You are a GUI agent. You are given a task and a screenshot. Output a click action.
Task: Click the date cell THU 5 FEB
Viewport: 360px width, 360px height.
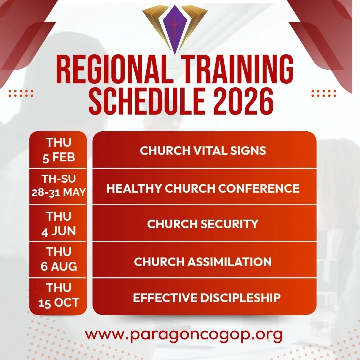pos(58,150)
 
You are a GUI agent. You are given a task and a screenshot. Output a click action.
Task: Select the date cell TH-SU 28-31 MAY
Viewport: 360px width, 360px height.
pos(58,186)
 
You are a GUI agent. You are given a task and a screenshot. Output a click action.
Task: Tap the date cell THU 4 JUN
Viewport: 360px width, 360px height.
pos(58,223)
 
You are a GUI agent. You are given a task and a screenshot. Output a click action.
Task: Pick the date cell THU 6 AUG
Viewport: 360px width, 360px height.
pos(58,259)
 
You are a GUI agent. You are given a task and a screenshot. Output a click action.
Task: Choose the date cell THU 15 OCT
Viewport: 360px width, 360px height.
pos(58,295)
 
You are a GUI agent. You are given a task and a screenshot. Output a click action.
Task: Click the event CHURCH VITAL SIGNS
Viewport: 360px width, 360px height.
pos(203,151)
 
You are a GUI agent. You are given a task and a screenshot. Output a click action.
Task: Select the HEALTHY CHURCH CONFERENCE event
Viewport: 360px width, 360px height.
pos(203,188)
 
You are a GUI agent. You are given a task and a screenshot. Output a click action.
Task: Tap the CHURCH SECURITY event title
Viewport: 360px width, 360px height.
pos(203,224)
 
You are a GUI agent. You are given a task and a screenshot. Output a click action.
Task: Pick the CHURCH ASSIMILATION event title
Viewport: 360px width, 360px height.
pos(203,262)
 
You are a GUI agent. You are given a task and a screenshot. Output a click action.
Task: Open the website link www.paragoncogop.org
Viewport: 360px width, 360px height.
pos(184,334)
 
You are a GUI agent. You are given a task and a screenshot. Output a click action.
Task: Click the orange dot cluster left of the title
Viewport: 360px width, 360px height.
pos(21,93)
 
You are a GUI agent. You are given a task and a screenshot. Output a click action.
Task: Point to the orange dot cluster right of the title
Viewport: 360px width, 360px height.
pos(324,93)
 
